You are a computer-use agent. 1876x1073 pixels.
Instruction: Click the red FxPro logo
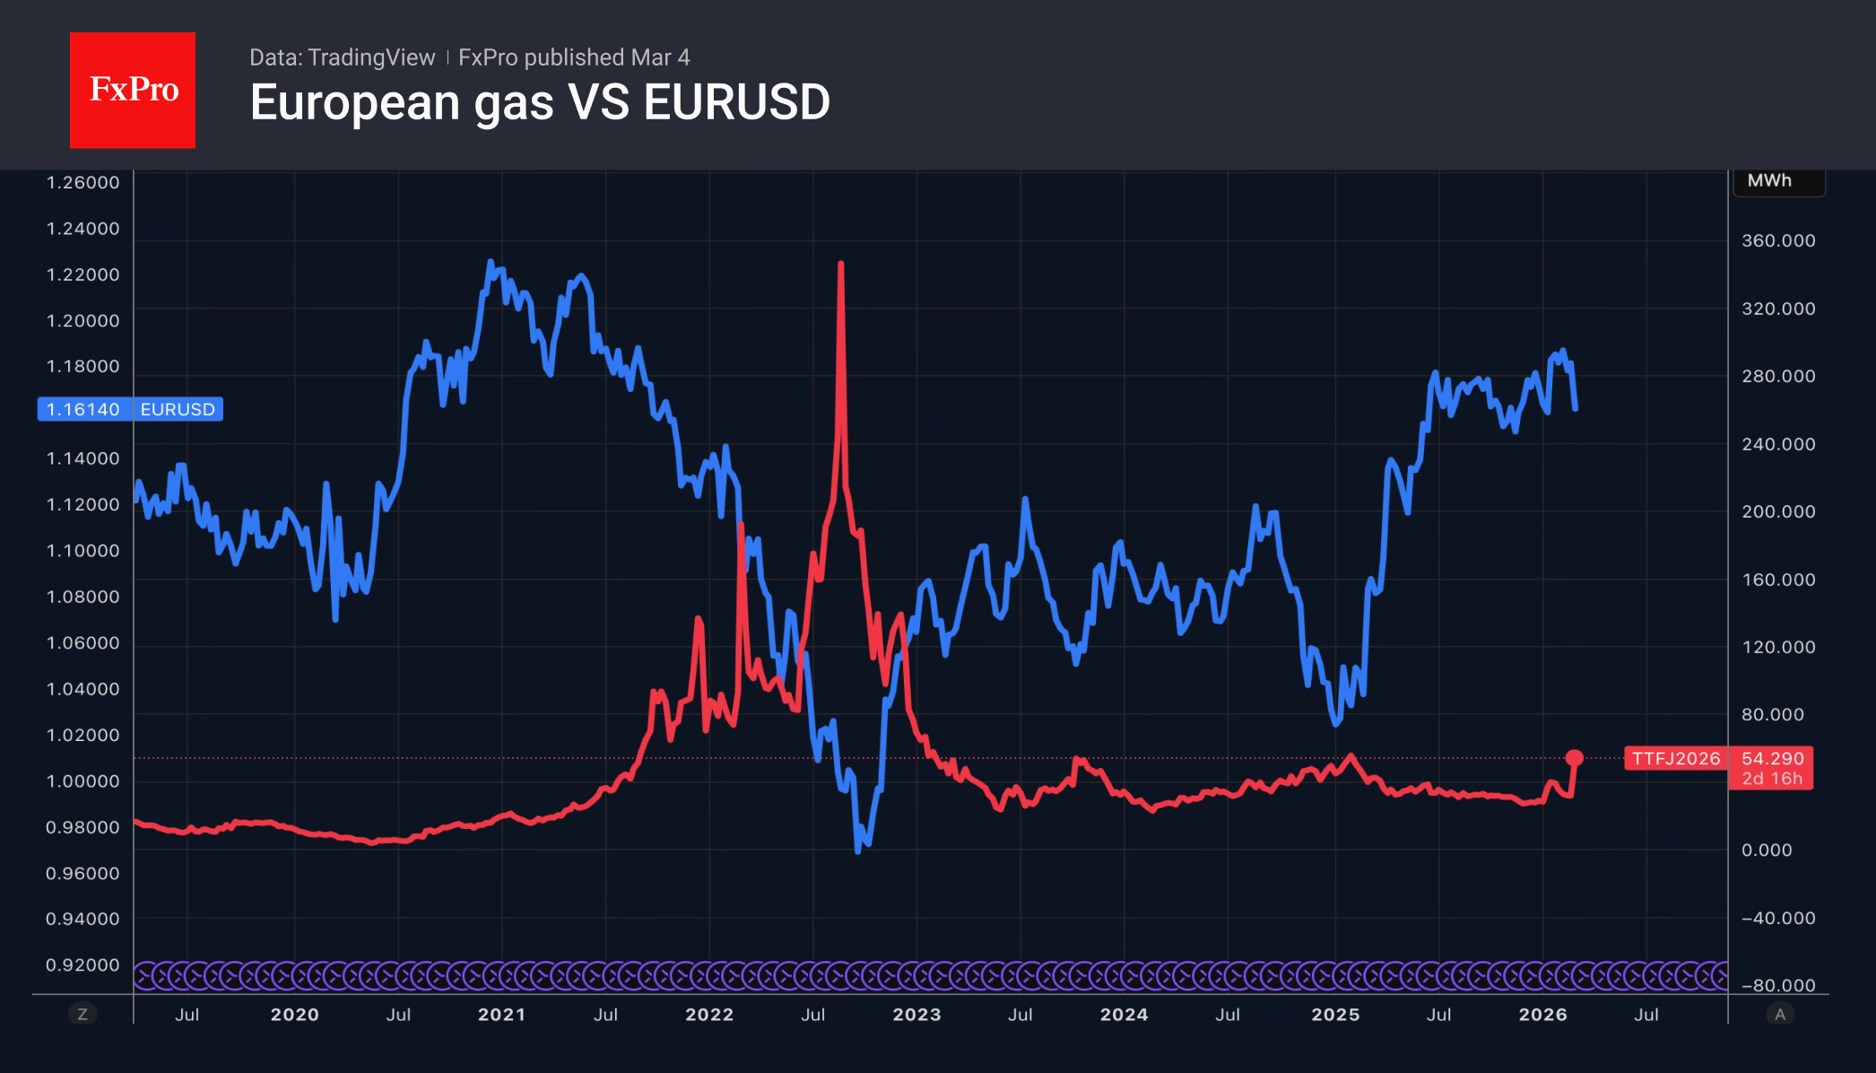tap(133, 90)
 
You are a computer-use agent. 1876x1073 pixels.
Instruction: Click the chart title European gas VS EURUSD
tap(540, 102)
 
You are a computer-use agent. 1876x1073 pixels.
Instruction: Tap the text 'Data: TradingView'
tap(342, 57)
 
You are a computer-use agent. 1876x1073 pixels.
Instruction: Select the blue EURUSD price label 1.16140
tap(83, 409)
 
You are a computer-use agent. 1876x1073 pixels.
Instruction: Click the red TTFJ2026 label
tap(1675, 759)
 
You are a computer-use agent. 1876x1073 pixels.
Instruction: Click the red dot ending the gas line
tap(1574, 758)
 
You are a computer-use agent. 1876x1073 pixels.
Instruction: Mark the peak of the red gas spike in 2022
tap(840, 264)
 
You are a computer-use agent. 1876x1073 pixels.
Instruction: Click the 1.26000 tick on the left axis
tap(83, 182)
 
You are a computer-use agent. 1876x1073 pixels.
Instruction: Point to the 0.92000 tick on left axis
tap(83, 964)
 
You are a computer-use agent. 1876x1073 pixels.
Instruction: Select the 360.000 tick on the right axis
tap(1777, 240)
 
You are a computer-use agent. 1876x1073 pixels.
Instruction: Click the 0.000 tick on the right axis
tap(1766, 850)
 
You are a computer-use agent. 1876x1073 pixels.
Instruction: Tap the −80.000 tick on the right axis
tap(1777, 985)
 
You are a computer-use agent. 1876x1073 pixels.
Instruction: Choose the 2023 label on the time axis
tap(916, 1015)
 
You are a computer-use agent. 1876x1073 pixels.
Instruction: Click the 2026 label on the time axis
tap(1542, 1015)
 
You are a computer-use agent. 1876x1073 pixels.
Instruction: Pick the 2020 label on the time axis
tap(294, 1015)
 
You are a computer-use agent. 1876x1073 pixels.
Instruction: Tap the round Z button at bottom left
tap(83, 1015)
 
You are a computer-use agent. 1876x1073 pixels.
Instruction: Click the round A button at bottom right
tap(1780, 1015)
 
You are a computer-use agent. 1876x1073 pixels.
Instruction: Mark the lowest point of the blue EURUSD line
tap(858, 850)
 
